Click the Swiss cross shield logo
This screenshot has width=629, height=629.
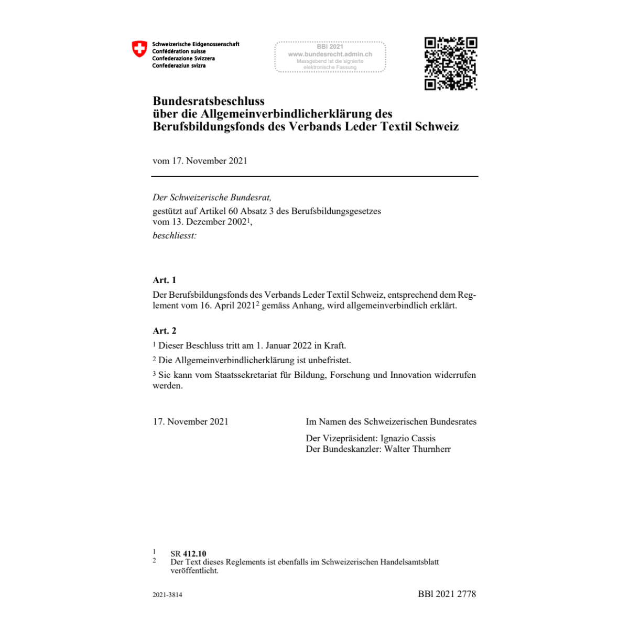139,49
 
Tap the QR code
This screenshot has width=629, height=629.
450,63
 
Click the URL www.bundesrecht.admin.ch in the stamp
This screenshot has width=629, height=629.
330,54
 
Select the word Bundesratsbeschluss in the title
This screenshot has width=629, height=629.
209,101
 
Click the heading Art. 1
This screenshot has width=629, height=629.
165,280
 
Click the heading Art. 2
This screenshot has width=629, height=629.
165,331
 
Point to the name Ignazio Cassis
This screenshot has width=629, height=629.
408,438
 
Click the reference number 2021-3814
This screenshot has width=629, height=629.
167,595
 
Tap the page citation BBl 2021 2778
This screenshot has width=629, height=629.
447,594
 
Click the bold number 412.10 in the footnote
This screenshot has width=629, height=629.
194,554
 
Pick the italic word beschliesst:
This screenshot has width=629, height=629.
174,235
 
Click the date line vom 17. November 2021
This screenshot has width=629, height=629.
200,161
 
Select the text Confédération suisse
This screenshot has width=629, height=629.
179,51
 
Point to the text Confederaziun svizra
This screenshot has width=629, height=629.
179,66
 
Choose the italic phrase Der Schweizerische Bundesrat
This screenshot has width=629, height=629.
212,198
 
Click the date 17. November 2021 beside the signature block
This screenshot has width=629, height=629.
191,421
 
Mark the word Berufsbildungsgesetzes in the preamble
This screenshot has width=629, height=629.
336,211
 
